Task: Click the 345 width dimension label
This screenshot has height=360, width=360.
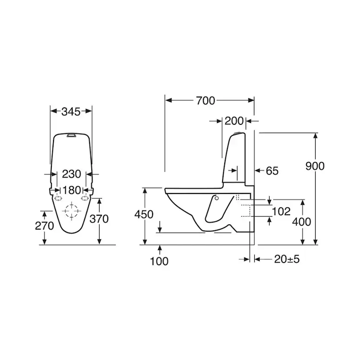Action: [71, 112]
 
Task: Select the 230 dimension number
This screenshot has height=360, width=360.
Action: [71, 174]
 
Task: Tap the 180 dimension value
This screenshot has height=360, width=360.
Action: [71, 190]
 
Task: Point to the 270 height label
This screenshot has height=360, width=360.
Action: [45, 226]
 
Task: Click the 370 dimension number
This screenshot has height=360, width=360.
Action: [99, 219]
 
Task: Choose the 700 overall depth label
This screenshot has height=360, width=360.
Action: [205, 100]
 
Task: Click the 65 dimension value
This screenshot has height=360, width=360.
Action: [272, 171]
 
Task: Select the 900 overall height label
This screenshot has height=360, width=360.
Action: [315, 166]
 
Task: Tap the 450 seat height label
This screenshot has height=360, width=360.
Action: [144, 214]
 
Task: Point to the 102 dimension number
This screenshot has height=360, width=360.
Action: [281, 211]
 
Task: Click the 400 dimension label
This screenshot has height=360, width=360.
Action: [302, 222]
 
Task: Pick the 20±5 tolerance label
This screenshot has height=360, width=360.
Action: [287, 259]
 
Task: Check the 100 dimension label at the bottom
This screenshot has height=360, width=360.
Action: [159, 261]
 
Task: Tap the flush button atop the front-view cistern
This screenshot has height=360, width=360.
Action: [71, 135]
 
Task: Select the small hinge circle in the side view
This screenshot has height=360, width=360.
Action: [216, 199]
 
